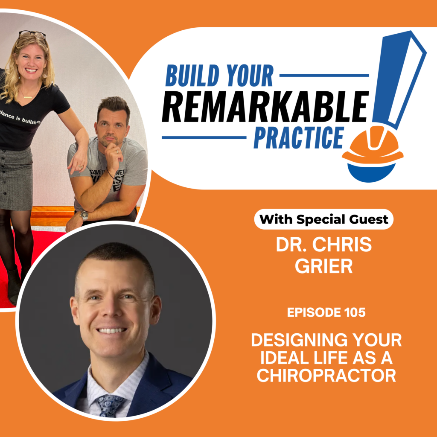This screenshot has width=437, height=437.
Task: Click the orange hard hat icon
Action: pyautogui.click(x=372, y=147)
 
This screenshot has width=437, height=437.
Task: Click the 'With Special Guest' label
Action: pyautogui.click(x=324, y=219)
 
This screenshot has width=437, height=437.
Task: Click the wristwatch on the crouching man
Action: pyautogui.click(x=84, y=216)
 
